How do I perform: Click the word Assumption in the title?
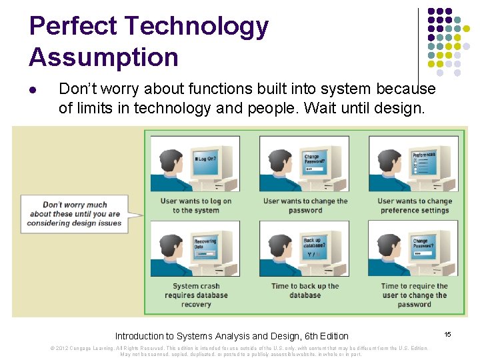click(103, 57)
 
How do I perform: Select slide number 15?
click(448, 333)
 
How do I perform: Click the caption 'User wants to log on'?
click(195, 205)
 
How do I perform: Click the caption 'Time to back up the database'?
click(305, 291)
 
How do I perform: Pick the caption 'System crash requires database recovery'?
click(195, 295)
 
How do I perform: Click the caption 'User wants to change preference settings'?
click(414, 205)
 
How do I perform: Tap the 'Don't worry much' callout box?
click(74, 214)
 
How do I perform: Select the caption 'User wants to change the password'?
click(305, 205)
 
